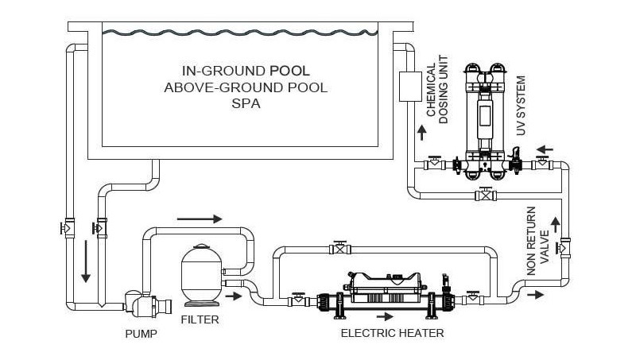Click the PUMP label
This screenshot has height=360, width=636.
tap(141, 334)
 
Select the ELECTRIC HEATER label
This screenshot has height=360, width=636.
tap(392, 334)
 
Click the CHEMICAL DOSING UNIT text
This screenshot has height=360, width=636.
tap(438, 89)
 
